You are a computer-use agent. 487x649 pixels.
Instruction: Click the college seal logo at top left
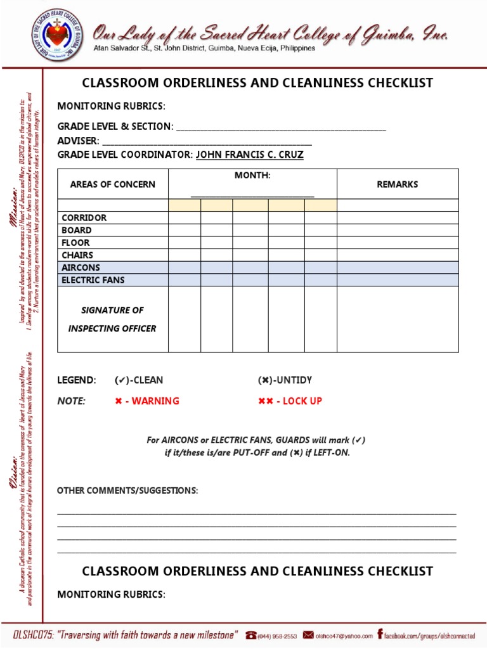56,36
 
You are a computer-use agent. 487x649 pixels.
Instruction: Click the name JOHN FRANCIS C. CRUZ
249,155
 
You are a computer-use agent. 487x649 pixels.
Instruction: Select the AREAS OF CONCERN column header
112,184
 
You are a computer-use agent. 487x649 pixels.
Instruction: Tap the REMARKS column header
398,184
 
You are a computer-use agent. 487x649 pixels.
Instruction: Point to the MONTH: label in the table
252,175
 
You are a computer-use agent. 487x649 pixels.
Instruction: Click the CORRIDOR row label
84,217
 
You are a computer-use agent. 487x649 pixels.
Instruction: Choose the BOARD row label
76,230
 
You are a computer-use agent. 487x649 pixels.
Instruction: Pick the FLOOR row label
75,243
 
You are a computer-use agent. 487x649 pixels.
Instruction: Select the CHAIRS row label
77,255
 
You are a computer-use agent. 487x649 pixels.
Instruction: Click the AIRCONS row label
81,267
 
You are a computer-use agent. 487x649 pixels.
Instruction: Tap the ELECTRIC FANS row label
93,280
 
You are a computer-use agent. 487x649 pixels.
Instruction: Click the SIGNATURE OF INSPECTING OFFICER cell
112,319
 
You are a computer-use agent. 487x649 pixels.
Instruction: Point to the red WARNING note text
147,401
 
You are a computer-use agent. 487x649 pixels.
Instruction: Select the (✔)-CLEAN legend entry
138,380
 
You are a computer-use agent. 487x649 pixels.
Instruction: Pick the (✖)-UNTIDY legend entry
285,380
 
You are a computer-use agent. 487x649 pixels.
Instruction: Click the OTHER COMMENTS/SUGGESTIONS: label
127,491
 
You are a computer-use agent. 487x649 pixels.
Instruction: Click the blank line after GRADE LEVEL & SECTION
281,127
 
